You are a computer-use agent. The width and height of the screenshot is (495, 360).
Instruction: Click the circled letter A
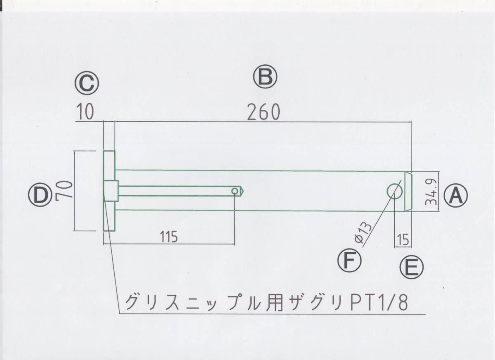[456, 195]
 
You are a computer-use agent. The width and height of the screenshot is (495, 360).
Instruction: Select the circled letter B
[265, 77]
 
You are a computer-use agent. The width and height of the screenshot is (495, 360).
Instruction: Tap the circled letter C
[87, 83]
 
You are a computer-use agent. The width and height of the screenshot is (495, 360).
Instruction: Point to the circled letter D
[40, 195]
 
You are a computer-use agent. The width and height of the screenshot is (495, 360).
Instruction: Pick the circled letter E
[411, 268]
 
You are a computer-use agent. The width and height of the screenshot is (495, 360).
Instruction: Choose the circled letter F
[349, 261]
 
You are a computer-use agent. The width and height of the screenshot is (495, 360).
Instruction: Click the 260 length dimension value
[264, 112]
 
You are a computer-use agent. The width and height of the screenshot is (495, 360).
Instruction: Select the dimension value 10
[85, 112]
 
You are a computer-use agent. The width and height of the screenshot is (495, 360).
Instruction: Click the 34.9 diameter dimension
[431, 192]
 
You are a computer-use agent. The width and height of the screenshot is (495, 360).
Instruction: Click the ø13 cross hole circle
[394, 191]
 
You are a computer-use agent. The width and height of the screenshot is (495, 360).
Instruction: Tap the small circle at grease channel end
[235, 191]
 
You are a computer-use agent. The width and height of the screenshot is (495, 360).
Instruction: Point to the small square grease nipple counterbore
[111, 191]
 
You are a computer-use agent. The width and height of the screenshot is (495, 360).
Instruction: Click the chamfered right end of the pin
[408, 191]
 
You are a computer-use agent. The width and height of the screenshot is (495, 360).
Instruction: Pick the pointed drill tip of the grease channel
[242, 191]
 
